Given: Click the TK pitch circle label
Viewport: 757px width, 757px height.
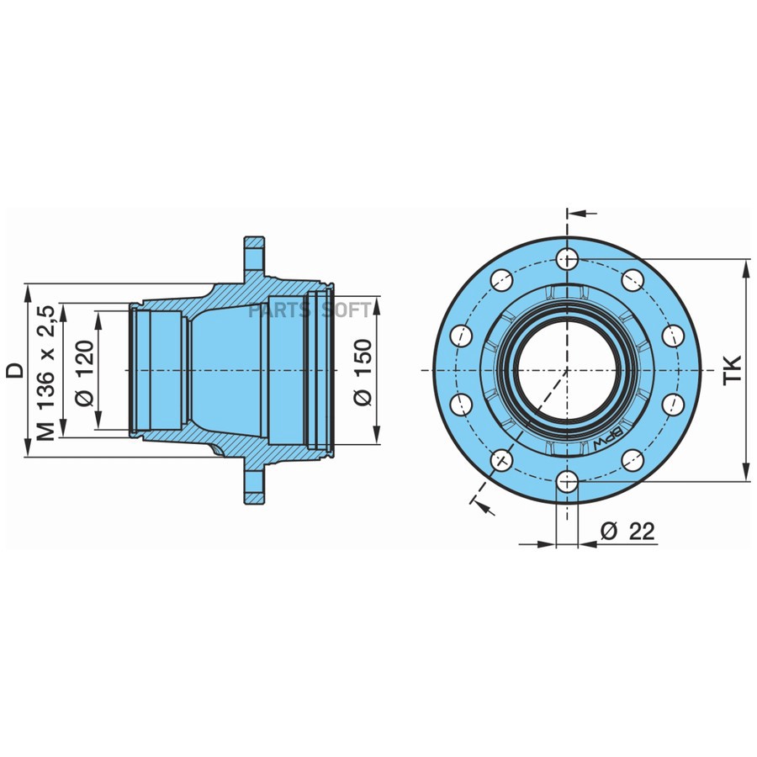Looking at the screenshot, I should [x=733, y=370].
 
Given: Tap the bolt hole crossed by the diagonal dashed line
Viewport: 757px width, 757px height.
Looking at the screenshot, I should [x=502, y=459].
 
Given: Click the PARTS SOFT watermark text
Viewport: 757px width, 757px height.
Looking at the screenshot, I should [x=310, y=310].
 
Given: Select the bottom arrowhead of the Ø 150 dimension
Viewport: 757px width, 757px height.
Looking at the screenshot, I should [x=375, y=437].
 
